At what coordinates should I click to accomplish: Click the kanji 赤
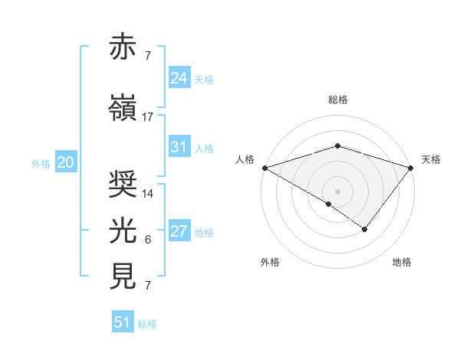pos(123,47)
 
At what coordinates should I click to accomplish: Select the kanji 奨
pos(123,185)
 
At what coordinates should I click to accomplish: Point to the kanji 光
pos(123,230)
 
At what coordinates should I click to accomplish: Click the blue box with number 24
pos(179,77)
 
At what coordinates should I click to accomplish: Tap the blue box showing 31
pos(179,147)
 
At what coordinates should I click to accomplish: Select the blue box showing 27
pos(179,231)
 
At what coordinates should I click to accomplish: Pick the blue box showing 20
pos(65,162)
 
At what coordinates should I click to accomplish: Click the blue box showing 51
pos(123,322)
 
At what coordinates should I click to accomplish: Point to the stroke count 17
pos(148,117)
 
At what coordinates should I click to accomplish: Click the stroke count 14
pos(148,194)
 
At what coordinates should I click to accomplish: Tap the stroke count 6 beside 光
pos(148,240)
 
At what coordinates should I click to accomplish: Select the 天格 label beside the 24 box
pos(204,79)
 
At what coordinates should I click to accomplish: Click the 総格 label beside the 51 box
pos(148,324)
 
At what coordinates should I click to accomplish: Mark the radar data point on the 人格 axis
pos(264,168)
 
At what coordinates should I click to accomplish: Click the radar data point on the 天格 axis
pos(412,168)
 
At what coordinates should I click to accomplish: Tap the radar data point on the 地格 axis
pos(365,229)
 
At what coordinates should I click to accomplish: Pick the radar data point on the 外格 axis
pos(329,204)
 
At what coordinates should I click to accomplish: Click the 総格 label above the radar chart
pos(338,100)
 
